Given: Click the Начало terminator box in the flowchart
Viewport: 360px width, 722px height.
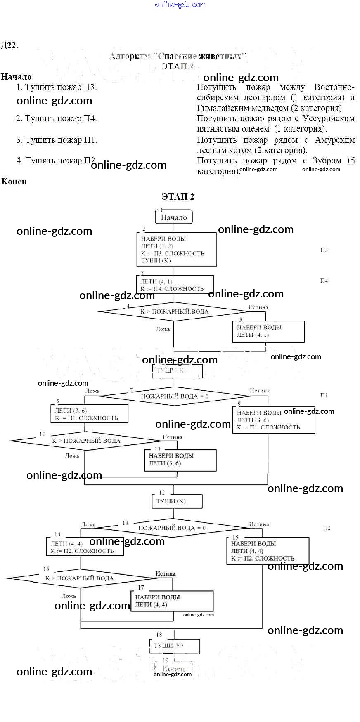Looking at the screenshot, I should (x=174, y=217).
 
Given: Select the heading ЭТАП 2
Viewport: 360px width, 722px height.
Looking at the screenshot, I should (x=178, y=197).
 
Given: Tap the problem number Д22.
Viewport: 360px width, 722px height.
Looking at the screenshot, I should (x=9, y=45).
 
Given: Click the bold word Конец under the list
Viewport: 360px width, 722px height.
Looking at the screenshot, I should (x=14, y=181).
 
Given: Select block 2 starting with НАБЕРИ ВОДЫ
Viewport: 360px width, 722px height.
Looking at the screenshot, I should (x=176, y=249).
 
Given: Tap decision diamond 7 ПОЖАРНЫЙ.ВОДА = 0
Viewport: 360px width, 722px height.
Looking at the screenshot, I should (x=174, y=396).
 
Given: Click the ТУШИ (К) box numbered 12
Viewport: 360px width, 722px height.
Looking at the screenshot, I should (x=176, y=501).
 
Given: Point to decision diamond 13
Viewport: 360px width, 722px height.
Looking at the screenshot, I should (x=172, y=528).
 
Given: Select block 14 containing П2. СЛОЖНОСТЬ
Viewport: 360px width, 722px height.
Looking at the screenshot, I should (x=84, y=547).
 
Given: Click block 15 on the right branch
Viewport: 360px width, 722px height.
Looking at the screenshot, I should (x=268, y=551).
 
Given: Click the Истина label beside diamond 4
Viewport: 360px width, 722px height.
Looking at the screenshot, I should (x=258, y=307).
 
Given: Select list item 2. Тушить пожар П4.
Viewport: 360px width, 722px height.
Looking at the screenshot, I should (x=56, y=119).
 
